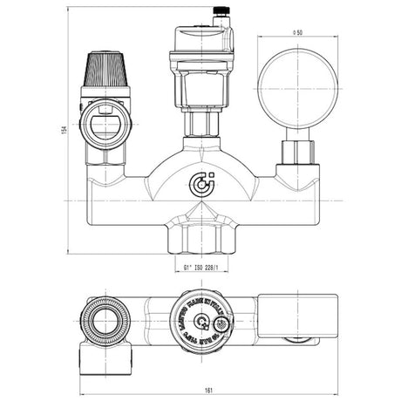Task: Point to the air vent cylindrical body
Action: [x=202, y=74]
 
